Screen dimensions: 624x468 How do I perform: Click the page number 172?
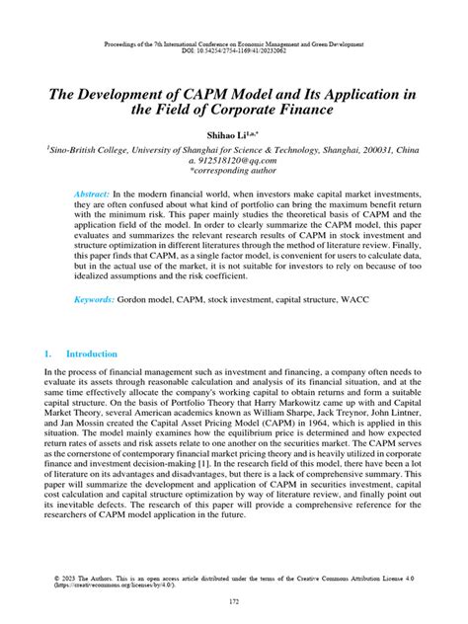coord(234,601)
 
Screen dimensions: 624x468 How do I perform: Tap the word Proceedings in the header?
coord(124,44)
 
